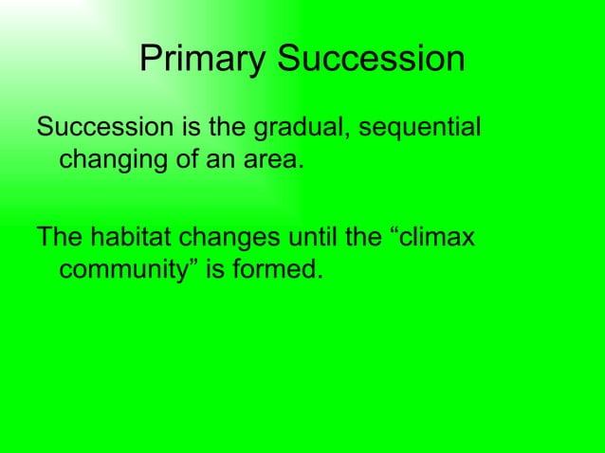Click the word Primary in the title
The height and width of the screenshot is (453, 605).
[x=203, y=61]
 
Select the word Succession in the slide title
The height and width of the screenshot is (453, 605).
[x=371, y=60]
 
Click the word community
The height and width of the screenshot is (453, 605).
[x=127, y=271]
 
